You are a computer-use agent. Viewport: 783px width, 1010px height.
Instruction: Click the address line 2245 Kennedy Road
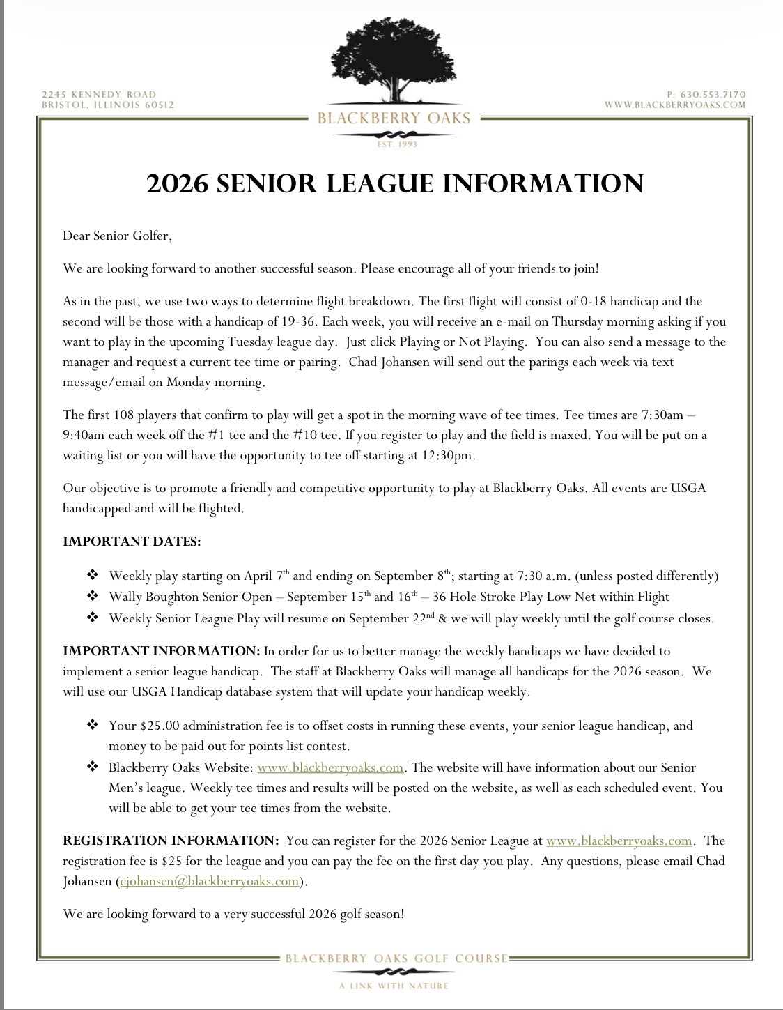(x=99, y=94)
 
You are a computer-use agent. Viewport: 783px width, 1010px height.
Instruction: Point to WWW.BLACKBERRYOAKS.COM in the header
(x=675, y=105)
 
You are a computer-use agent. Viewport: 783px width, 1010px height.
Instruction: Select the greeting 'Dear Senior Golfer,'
(x=117, y=236)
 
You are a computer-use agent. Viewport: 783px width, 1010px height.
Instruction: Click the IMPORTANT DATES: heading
(x=132, y=542)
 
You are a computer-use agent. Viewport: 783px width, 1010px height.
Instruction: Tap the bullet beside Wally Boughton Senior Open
(x=93, y=597)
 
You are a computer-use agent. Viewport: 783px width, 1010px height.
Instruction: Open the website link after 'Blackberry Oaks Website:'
(x=330, y=767)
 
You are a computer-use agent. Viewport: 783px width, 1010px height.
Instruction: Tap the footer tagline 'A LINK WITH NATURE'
(x=394, y=986)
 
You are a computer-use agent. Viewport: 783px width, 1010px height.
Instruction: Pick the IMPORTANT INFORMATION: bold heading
(x=161, y=651)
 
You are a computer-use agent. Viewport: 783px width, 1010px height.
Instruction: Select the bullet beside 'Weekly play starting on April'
(x=93, y=576)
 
